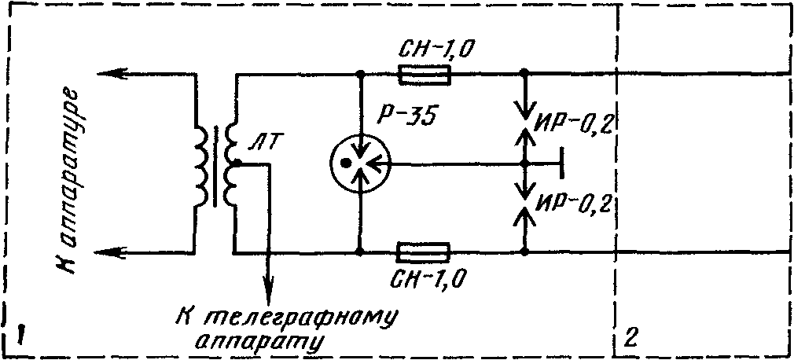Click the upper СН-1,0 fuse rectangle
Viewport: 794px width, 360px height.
[x=425, y=75]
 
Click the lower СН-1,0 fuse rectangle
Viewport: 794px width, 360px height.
[x=424, y=252]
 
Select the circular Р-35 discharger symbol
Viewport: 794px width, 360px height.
[x=360, y=163]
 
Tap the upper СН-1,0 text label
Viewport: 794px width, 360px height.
[x=433, y=50]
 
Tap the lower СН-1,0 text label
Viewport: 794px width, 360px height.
[x=429, y=278]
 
